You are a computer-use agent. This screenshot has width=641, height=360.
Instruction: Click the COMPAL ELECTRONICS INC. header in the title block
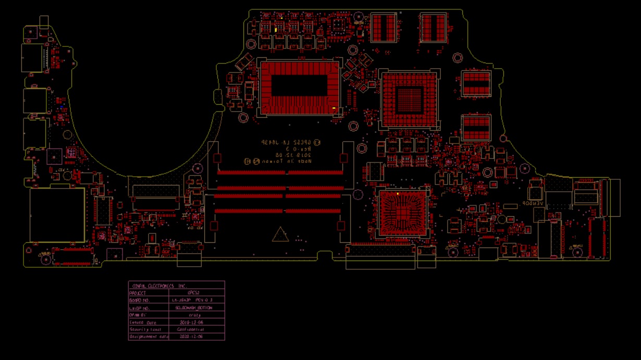159,286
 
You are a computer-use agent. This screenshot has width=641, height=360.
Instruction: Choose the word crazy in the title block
194,315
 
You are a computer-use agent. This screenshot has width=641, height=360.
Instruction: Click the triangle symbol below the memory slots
281,235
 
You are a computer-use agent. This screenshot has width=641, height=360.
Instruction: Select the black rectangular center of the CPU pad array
299,85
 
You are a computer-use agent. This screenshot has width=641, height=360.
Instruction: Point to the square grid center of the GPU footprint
410,98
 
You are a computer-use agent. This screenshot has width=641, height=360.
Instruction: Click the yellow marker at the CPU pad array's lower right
334,108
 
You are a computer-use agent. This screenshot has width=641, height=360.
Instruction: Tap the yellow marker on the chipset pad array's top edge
398,194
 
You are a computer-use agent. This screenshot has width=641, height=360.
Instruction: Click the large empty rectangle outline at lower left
57,215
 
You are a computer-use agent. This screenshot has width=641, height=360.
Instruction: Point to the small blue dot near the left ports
63,106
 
